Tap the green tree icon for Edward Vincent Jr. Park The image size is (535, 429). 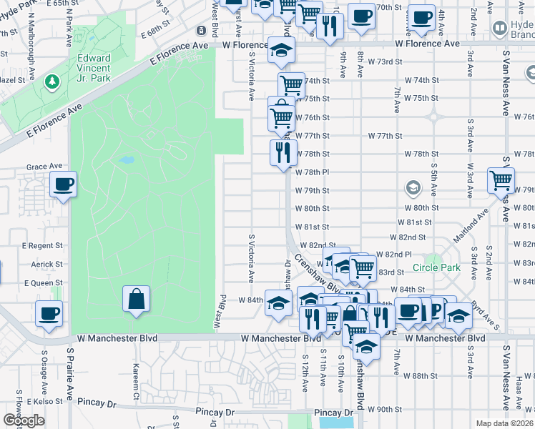click(x=51, y=84)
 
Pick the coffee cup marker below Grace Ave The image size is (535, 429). click(x=64, y=184)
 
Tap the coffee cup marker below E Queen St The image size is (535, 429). click(x=49, y=313)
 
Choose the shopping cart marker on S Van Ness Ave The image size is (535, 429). click(x=501, y=180)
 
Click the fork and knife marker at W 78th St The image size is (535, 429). click(x=283, y=152)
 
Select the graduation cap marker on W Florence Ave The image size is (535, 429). click(x=281, y=51)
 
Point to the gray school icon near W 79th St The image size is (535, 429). click(x=412, y=188)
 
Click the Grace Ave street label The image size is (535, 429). click(x=44, y=167)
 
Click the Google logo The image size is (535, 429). click(x=23, y=420)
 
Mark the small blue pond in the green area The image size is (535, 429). click(x=127, y=160)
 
